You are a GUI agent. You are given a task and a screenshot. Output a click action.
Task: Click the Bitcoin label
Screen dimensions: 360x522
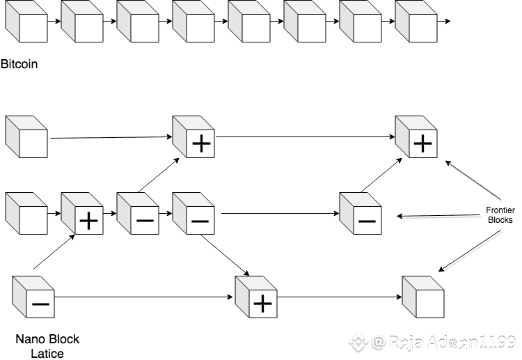(19, 65)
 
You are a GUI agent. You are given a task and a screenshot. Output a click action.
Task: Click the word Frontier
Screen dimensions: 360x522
(499, 210)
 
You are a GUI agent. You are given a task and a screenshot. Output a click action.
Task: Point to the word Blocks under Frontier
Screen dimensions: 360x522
(499, 219)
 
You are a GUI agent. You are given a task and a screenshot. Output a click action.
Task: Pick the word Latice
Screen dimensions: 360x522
(47, 353)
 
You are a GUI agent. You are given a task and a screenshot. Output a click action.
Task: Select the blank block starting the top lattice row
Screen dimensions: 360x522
(26, 136)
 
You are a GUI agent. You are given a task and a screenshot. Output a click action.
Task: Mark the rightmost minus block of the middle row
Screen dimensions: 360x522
(360, 216)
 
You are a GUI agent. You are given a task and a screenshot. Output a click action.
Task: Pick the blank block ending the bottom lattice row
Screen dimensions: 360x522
(423, 297)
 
